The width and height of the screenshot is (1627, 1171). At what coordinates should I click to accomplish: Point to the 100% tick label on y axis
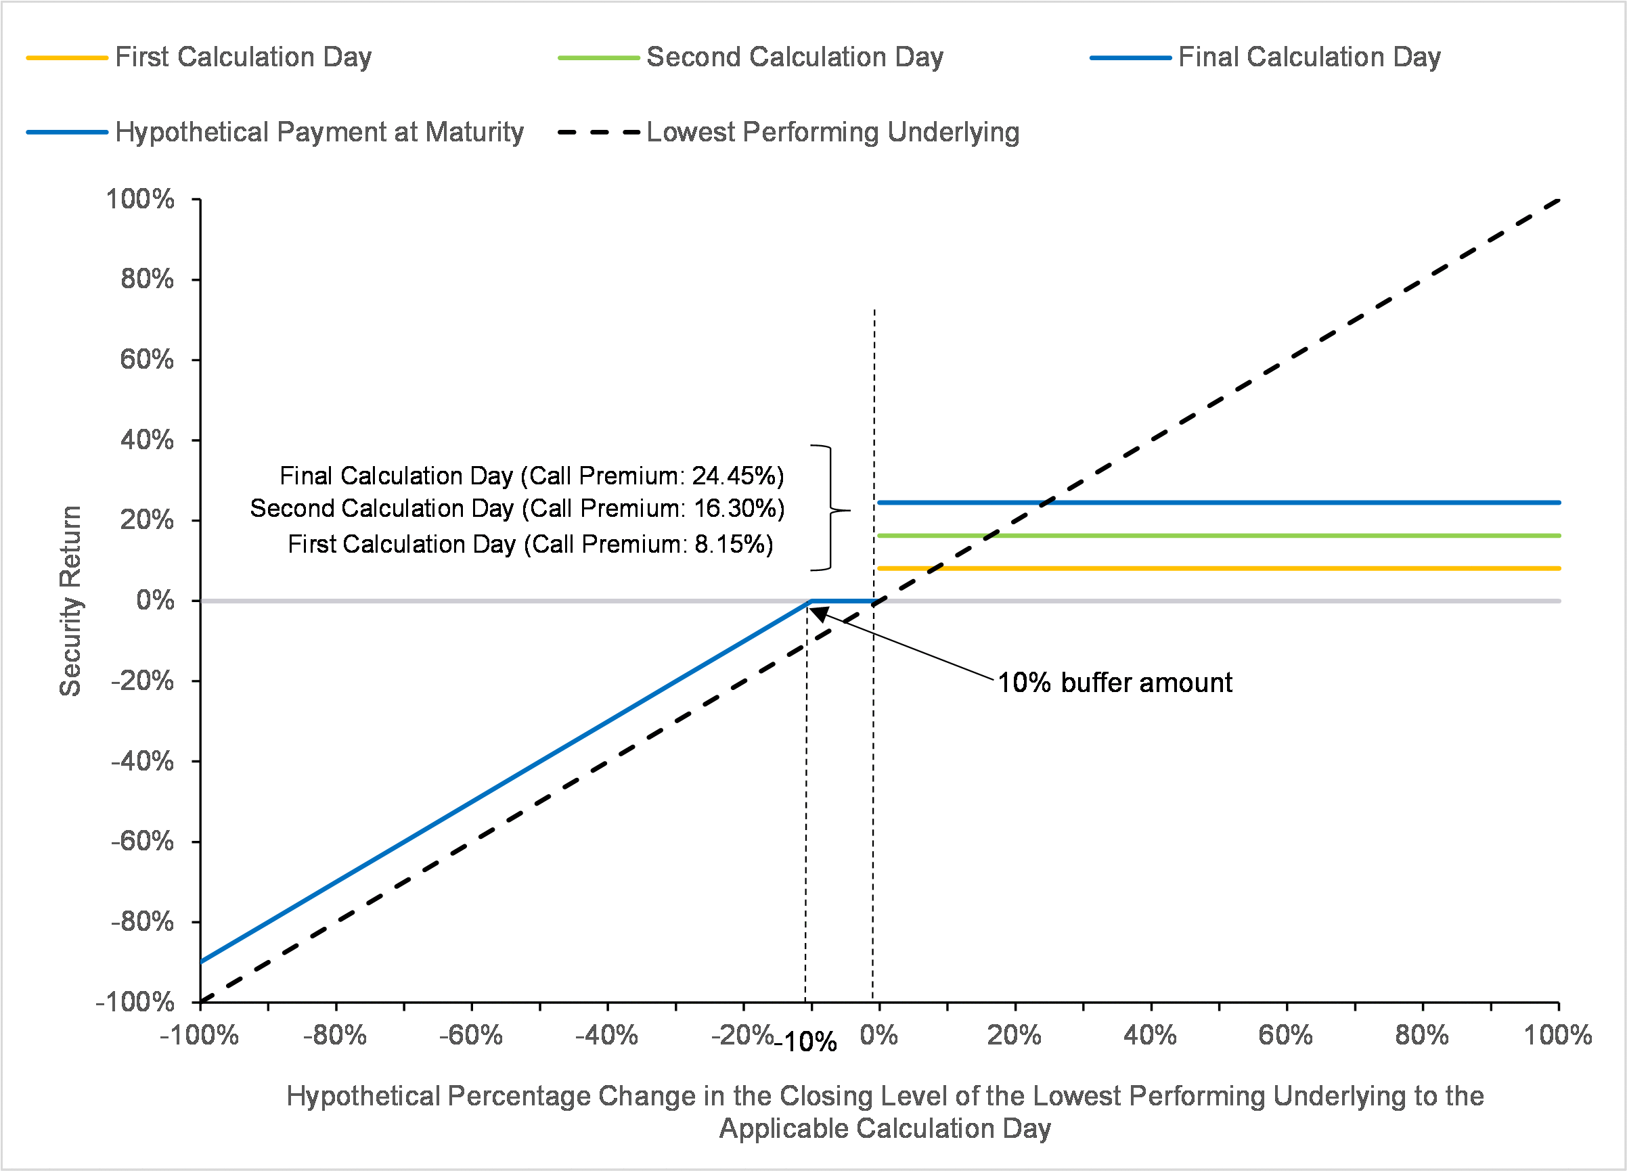[140, 200]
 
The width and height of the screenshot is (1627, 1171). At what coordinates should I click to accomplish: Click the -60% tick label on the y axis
[142, 840]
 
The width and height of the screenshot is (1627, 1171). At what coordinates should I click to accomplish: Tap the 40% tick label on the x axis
[1150, 1036]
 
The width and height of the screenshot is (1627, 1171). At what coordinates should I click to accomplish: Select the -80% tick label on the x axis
[335, 1036]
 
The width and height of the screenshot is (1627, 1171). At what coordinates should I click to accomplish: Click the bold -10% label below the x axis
[806, 1042]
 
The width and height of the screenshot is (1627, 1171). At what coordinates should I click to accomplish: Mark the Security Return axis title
[70, 600]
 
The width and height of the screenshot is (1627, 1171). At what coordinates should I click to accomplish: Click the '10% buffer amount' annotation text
[1115, 683]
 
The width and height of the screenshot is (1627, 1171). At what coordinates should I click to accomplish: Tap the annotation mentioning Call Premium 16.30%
[517, 509]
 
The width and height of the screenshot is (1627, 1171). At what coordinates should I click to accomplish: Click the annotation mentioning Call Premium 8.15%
[530, 545]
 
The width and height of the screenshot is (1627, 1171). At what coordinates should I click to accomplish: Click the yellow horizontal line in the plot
[1220, 568]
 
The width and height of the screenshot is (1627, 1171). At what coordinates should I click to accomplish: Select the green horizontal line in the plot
[1220, 536]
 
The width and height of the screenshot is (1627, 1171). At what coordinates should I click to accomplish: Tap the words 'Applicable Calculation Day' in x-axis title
[885, 1128]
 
